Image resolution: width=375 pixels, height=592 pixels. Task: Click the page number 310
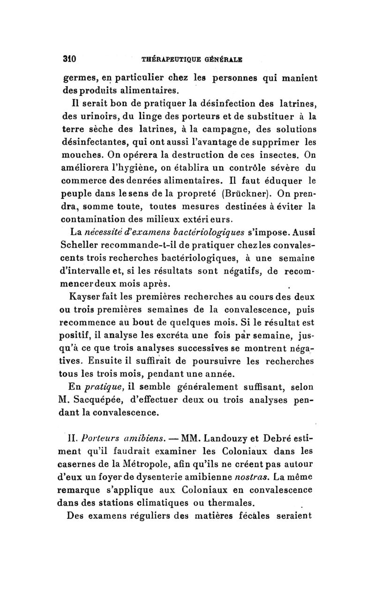coord(69,60)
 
